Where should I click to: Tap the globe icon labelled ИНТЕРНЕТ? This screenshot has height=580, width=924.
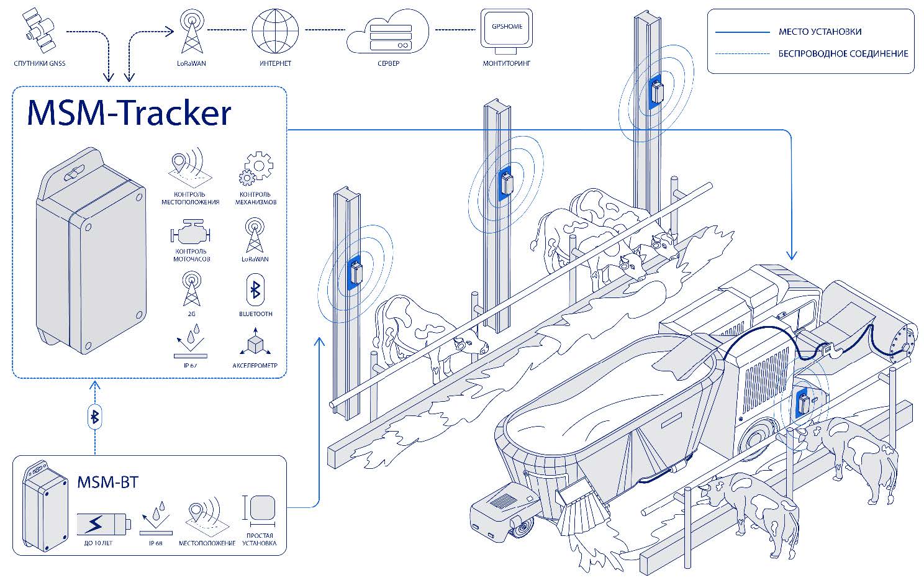[x=274, y=32]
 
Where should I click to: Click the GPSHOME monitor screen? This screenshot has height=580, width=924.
[x=506, y=29]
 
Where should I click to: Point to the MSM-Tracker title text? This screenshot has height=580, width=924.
[x=129, y=113]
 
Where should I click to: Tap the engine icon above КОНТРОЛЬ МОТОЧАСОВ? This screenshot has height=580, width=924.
[x=190, y=234]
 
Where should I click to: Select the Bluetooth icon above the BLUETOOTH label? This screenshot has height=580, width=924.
[x=255, y=290]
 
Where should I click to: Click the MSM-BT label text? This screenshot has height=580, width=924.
[x=107, y=482]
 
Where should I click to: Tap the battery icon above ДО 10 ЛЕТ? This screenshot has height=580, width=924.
[x=103, y=523]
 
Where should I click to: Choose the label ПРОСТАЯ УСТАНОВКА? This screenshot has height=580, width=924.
[x=260, y=540]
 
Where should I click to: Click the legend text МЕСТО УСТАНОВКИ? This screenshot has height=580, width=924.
[x=820, y=32]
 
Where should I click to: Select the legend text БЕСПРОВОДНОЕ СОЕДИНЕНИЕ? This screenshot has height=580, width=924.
[x=843, y=54]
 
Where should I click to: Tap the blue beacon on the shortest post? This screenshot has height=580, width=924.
[x=356, y=273]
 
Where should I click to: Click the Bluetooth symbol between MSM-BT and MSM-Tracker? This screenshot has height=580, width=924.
[x=95, y=417]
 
